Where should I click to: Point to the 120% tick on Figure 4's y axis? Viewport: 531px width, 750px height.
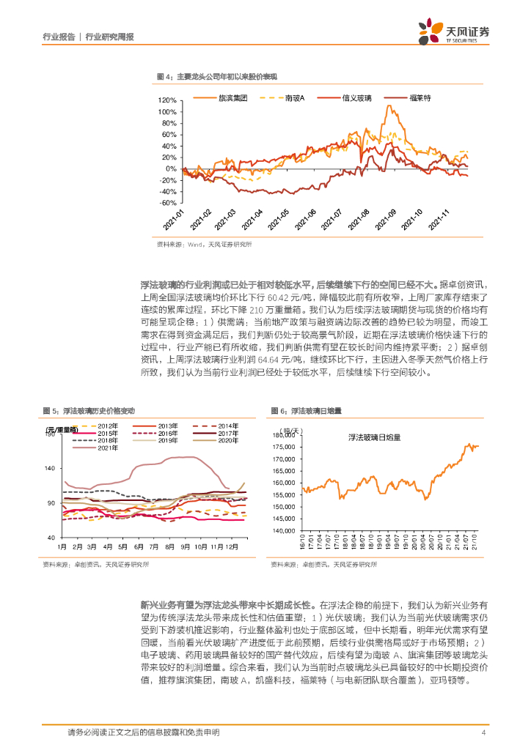pos(168,100)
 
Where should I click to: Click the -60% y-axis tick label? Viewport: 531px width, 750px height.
pos(168,203)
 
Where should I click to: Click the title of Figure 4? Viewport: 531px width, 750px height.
pos(221,76)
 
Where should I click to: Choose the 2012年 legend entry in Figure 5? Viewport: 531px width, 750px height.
pos(107,426)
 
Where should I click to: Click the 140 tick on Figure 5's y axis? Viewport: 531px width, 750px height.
pos(51,468)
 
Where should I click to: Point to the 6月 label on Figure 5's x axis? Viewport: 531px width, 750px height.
pos(136,547)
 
